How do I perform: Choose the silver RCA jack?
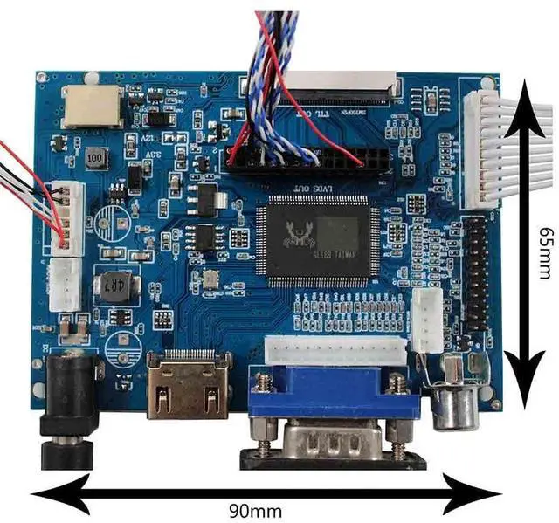coord(456,401)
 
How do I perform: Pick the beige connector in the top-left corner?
coord(92,106)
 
